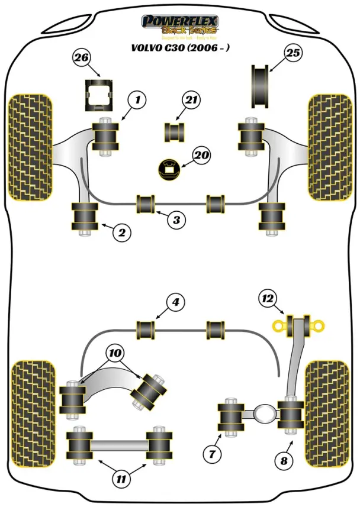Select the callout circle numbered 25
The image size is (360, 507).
(x=292, y=54)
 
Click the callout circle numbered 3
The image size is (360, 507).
(x=176, y=221)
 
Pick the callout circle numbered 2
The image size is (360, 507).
(x=121, y=232)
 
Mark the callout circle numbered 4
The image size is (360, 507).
(x=175, y=303)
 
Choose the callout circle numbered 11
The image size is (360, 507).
(x=121, y=479)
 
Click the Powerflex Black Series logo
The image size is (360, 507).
(x=180, y=25)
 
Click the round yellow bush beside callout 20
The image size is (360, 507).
(x=169, y=170)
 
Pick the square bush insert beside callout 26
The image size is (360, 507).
(x=97, y=96)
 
